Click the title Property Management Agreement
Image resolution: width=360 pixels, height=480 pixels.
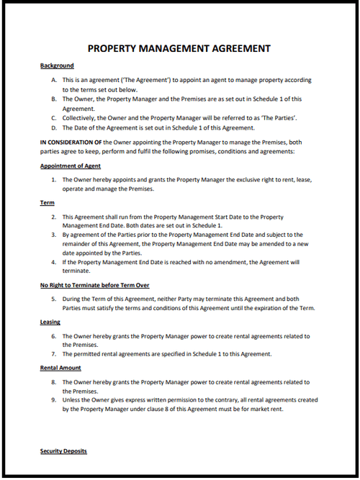click(x=179, y=49)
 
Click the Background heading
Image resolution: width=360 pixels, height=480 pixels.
click(x=57, y=65)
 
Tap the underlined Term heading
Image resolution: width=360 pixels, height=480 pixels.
click(x=47, y=203)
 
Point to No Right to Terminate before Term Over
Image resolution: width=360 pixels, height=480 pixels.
click(x=94, y=286)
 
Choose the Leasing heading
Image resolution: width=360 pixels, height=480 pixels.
click(x=50, y=322)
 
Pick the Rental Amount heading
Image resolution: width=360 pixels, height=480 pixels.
click(x=60, y=368)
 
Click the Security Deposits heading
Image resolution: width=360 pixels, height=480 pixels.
click(x=63, y=450)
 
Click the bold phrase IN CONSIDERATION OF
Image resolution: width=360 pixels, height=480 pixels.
click(x=71, y=142)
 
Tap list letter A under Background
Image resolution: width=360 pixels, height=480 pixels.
click(x=55, y=80)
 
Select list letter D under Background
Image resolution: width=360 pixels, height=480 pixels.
click(x=55, y=127)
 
